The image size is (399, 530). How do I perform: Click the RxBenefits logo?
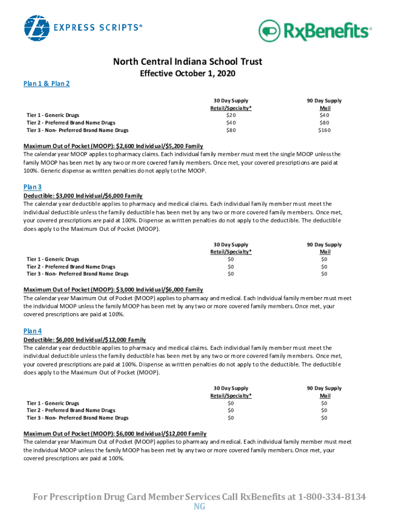point(315,31)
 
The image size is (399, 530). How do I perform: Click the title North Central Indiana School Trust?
point(188,62)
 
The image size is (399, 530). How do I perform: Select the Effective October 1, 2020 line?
point(188,74)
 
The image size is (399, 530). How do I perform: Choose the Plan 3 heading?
point(33,187)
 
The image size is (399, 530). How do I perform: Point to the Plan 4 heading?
point(33,331)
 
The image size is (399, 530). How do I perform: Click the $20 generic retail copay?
point(231,115)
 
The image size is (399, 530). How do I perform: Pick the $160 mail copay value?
point(324,130)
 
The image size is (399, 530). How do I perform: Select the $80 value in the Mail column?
point(324,123)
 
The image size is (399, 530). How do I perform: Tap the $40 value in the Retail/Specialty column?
point(231,123)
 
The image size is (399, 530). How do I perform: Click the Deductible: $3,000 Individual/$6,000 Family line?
point(83,196)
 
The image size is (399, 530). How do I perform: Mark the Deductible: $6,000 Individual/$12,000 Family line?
point(84,340)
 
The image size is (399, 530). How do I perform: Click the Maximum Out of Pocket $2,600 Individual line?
point(113,146)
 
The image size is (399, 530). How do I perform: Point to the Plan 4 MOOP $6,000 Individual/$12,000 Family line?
point(115,433)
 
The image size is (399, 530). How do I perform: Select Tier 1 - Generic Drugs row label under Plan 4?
point(53,403)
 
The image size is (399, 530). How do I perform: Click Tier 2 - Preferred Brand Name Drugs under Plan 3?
point(71,267)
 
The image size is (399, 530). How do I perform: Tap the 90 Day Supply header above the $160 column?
point(324,100)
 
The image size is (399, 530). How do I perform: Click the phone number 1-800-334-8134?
point(332,497)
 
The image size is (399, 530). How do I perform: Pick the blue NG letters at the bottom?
point(199,507)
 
